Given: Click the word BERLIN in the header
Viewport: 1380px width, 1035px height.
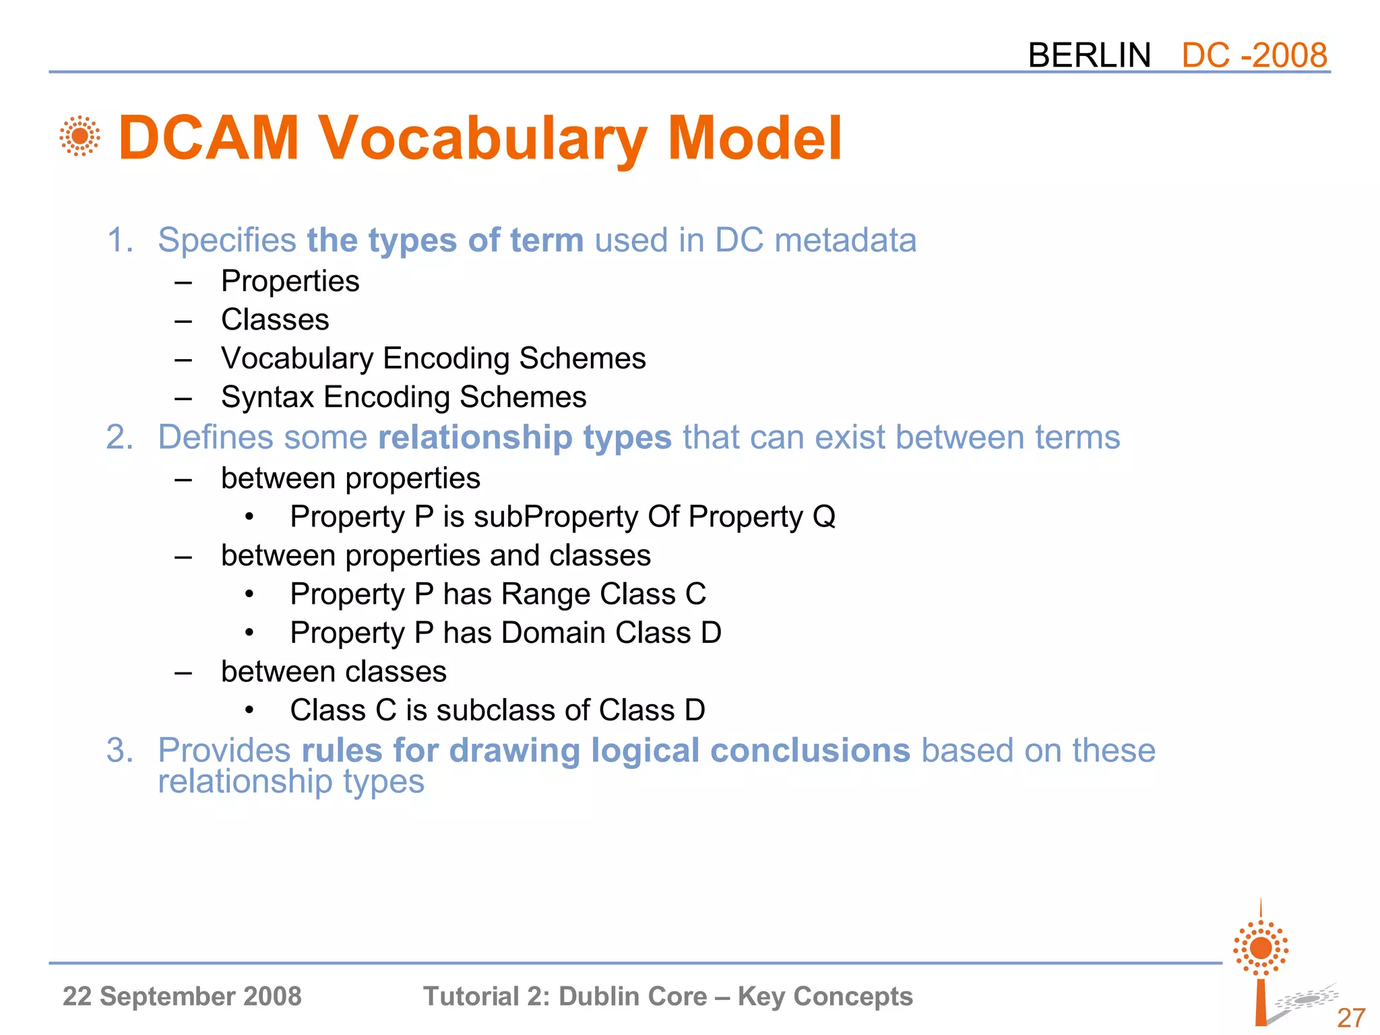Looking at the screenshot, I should [1089, 55].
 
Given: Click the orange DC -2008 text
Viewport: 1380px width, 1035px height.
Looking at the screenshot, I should [1254, 55].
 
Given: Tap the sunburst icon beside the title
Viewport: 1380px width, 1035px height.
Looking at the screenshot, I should [80, 136].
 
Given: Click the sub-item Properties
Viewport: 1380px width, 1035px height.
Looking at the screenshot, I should [290, 281].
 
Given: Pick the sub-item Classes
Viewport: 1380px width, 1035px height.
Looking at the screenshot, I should [275, 319].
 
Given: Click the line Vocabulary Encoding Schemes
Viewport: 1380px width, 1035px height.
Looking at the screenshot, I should [433, 358].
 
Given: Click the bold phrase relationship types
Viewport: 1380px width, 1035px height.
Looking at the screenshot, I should [524, 437].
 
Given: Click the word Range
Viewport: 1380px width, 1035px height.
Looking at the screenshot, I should [546, 594].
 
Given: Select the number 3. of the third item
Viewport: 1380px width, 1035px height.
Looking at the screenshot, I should [120, 751].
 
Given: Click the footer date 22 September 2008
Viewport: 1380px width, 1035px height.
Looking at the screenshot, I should [182, 996].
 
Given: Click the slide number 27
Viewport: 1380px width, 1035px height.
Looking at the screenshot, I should [1350, 1017].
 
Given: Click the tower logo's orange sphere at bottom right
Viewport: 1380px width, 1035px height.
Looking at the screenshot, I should [1261, 948].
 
